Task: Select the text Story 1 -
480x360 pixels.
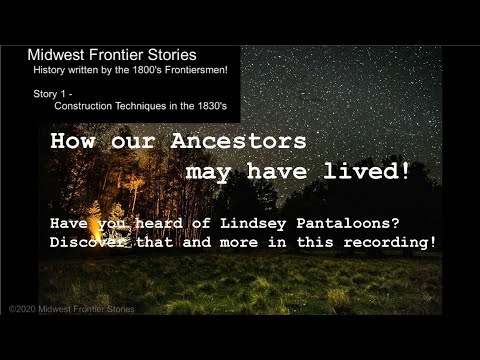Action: (x=51, y=93)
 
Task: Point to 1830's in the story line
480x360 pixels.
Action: (x=210, y=105)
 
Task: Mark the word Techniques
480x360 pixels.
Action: (x=149, y=105)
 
